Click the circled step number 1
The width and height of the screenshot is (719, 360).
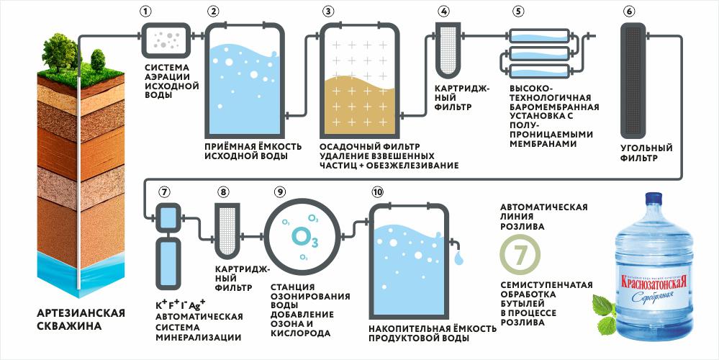(x=147, y=12)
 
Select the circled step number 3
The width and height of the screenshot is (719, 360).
(x=328, y=12)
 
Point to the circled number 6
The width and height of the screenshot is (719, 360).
(x=629, y=12)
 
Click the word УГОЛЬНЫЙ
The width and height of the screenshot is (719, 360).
(x=646, y=148)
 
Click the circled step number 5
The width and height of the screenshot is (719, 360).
(x=517, y=12)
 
